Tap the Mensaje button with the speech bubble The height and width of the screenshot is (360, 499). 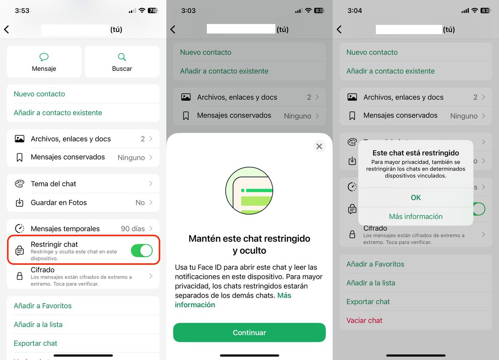[44, 62]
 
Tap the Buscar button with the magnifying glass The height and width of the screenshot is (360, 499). [122, 62]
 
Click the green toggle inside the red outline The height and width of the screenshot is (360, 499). [141, 251]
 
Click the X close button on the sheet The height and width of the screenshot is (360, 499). [319, 146]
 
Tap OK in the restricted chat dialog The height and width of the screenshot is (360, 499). [415, 197]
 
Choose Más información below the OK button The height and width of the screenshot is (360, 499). [415, 216]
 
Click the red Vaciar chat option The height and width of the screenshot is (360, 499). [364, 321]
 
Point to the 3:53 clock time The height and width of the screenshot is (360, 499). [22, 10]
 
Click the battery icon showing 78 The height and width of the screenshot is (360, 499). [153, 10]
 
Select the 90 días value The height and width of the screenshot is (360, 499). [133, 229]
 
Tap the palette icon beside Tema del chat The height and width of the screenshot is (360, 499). [20, 184]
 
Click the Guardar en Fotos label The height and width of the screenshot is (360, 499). [59, 202]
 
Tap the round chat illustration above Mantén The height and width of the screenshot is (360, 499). [249, 191]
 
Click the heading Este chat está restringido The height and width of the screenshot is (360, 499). [415, 153]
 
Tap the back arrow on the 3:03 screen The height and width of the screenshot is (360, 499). [173, 30]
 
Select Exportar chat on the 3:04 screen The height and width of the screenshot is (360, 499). [368, 302]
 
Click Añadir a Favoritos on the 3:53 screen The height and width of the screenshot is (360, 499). [42, 306]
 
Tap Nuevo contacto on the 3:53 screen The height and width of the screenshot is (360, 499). [40, 94]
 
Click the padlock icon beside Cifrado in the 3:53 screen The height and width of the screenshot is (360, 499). [20, 276]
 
